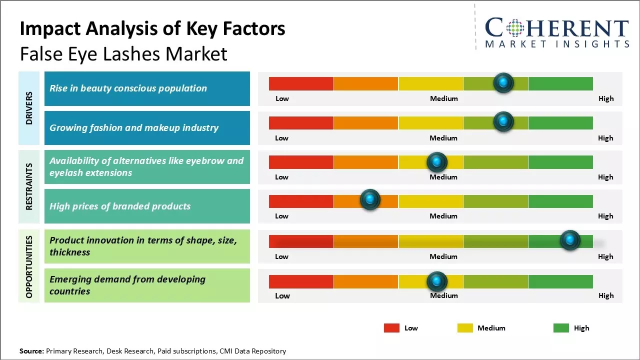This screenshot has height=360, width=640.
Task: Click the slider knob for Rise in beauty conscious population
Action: tap(503, 82)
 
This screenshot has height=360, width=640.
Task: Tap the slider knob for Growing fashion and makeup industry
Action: tap(503, 121)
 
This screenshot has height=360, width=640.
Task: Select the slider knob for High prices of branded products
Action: tap(370, 200)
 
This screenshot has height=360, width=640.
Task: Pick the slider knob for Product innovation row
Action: tap(570, 240)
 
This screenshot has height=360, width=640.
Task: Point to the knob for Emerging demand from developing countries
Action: tap(437, 281)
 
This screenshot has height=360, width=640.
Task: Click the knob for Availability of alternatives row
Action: tap(437, 162)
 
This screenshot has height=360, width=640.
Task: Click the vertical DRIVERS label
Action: tap(29, 108)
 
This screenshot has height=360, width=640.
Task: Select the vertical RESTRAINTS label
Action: tap(29, 186)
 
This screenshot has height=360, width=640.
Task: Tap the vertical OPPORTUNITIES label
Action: tap(29, 266)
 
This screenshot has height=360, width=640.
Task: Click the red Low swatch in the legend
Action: tap(391, 328)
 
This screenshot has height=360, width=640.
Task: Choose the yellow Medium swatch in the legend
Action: tap(465, 328)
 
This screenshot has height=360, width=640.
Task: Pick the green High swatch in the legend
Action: tap(561, 328)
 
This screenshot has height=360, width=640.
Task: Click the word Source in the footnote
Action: tap(31, 351)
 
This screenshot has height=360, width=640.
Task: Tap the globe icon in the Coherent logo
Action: tap(515, 28)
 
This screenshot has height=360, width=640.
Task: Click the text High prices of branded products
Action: tap(120, 206)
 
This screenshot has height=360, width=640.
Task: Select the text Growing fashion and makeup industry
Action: tap(134, 127)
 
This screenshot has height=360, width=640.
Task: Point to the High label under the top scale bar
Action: tap(606, 98)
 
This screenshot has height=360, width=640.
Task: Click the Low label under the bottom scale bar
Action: tap(282, 295)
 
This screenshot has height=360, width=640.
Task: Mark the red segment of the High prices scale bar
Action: tap(301, 201)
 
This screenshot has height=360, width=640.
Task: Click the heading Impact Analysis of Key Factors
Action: tap(152, 29)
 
